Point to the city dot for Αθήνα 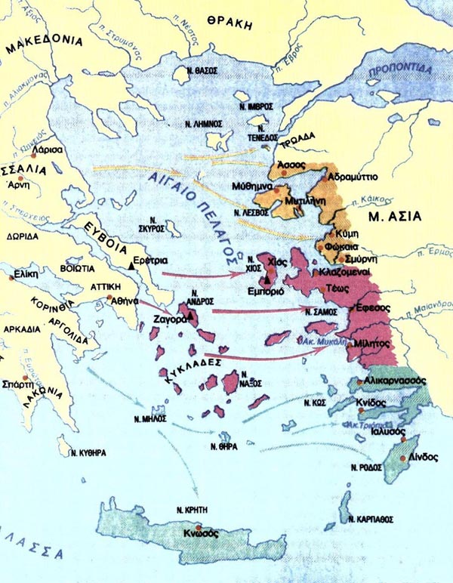pos(110,299)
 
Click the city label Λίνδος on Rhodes pos(414,458)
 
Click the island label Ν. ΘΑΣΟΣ pos(202,69)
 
